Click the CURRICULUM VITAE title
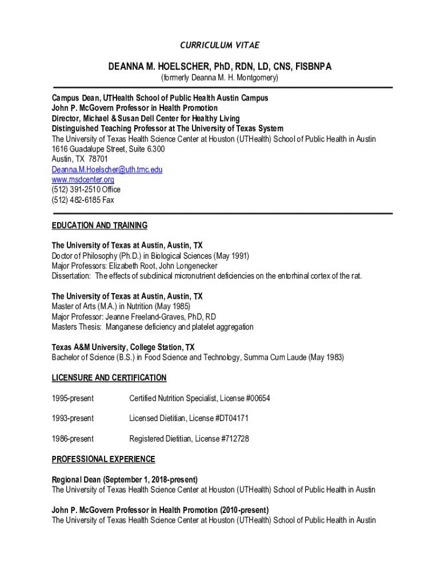point(219,46)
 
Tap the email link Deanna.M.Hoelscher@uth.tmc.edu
point(107,170)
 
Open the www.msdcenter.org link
point(82,179)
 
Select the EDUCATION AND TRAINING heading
point(99,225)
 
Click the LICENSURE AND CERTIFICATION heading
point(109,378)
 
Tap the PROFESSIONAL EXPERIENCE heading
point(103,459)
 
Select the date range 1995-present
point(73,398)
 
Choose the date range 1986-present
point(73,439)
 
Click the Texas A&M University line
point(123,347)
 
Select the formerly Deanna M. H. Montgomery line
point(219,78)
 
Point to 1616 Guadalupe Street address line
point(108,149)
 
